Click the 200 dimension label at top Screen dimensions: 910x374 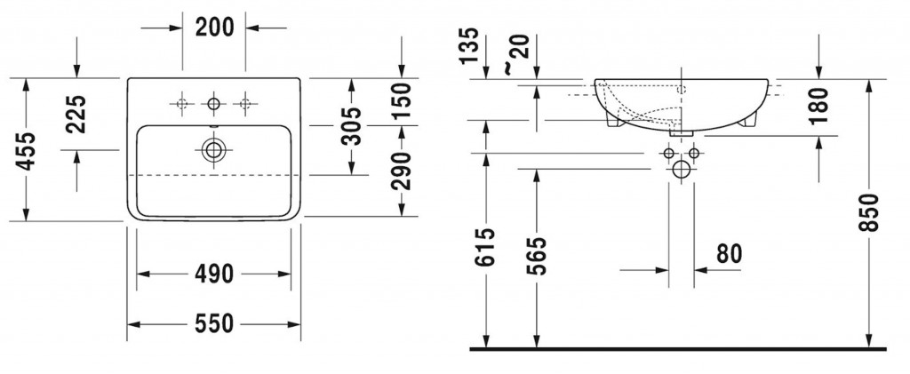(x=214, y=28)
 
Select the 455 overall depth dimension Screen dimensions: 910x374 (x=26, y=151)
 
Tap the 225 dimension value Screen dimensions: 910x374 (x=76, y=114)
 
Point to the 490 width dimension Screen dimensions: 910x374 (x=213, y=273)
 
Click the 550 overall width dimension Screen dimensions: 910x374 (x=213, y=323)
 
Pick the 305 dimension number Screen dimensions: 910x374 (x=350, y=126)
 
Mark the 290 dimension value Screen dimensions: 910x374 (x=401, y=171)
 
